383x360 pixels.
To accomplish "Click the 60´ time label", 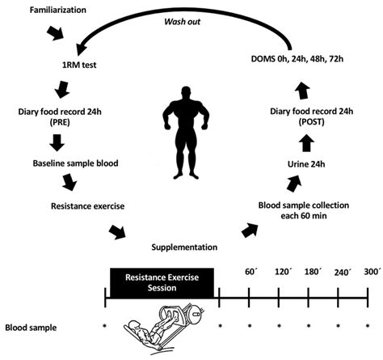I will [x=250, y=273].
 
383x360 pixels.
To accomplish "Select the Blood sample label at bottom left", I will [x=33, y=328].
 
